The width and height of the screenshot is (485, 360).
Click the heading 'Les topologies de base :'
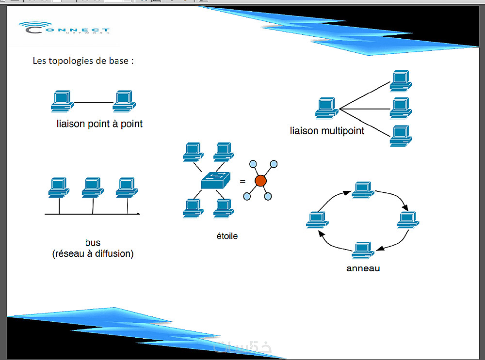pyautogui.click(x=82, y=61)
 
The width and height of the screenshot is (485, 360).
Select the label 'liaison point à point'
pyautogui.click(x=99, y=124)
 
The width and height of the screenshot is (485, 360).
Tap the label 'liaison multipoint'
pyautogui.click(x=327, y=131)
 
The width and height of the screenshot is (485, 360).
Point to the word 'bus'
pyautogui.click(x=93, y=243)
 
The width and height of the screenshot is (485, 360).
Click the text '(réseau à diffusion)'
pyautogui.click(x=93, y=253)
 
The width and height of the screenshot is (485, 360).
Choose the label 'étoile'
pyautogui.click(x=227, y=236)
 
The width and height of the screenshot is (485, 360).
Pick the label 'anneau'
pyautogui.click(x=363, y=268)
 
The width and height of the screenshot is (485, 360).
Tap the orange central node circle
pyautogui.click(x=260, y=181)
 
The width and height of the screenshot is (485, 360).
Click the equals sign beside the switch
pyautogui.click(x=242, y=182)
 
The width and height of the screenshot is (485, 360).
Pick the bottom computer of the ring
pyautogui.click(x=363, y=250)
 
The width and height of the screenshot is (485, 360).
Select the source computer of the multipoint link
pyautogui.click(x=326, y=109)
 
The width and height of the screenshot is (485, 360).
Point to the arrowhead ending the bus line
pyautogui.click(x=139, y=214)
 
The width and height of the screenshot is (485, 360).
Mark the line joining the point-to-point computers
pyautogui.click(x=93, y=103)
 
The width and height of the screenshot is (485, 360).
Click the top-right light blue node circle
pyautogui.click(x=274, y=164)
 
